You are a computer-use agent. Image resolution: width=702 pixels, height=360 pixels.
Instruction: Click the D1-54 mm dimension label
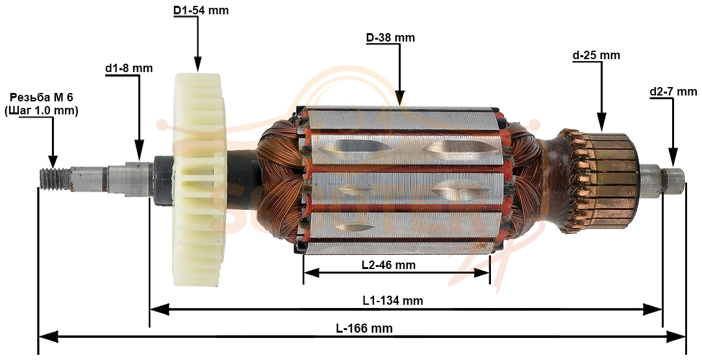click(201, 10)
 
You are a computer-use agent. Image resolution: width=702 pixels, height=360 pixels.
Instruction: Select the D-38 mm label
click(390, 38)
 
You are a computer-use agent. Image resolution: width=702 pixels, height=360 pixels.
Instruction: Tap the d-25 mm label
click(596, 55)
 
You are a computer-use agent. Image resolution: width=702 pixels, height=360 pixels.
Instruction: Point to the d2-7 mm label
click(673, 92)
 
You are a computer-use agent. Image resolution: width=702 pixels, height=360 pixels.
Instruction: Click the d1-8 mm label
click(129, 68)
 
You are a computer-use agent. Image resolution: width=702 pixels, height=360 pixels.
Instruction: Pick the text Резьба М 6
click(41, 97)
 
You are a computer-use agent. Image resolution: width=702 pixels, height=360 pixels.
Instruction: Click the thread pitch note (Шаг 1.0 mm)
click(41, 110)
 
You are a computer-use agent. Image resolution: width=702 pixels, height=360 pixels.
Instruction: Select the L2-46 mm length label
click(388, 265)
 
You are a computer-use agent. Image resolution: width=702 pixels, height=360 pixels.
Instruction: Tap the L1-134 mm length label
click(393, 300)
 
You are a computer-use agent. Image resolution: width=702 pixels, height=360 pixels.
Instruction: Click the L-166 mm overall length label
click(364, 329)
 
